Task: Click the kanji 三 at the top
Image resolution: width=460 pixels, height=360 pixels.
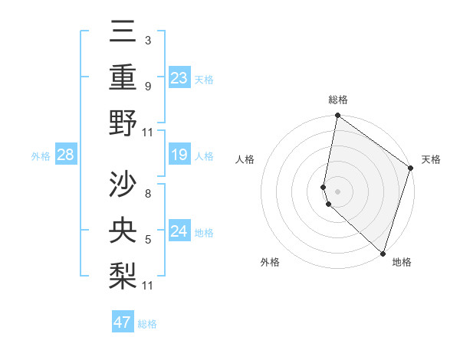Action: coord(123,32)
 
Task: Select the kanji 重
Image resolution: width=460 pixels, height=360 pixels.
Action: coord(123,77)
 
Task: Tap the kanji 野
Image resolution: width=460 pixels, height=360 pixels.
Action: coord(123,123)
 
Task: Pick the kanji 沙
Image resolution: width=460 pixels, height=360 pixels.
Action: coord(123,184)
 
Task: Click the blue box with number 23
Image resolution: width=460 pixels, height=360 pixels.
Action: coord(179,78)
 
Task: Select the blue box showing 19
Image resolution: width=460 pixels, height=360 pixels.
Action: coord(179,155)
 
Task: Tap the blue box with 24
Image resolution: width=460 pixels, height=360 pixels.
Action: coord(179,231)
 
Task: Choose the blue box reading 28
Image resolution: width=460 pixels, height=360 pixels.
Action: coord(66,155)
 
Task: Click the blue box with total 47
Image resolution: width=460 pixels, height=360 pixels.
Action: coord(123,322)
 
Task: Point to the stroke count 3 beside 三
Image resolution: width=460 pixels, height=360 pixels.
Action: coord(147,39)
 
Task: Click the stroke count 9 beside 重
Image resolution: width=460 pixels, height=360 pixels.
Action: coord(147,86)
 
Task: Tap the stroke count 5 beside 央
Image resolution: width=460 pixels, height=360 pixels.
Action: coord(147,239)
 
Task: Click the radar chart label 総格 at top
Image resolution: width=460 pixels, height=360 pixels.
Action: coord(338,100)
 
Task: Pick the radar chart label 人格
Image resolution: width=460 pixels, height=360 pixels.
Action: coord(245,159)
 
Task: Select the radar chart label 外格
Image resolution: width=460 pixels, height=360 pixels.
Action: coord(270,262)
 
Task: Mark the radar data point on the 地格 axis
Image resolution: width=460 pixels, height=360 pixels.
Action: coord(383,252)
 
